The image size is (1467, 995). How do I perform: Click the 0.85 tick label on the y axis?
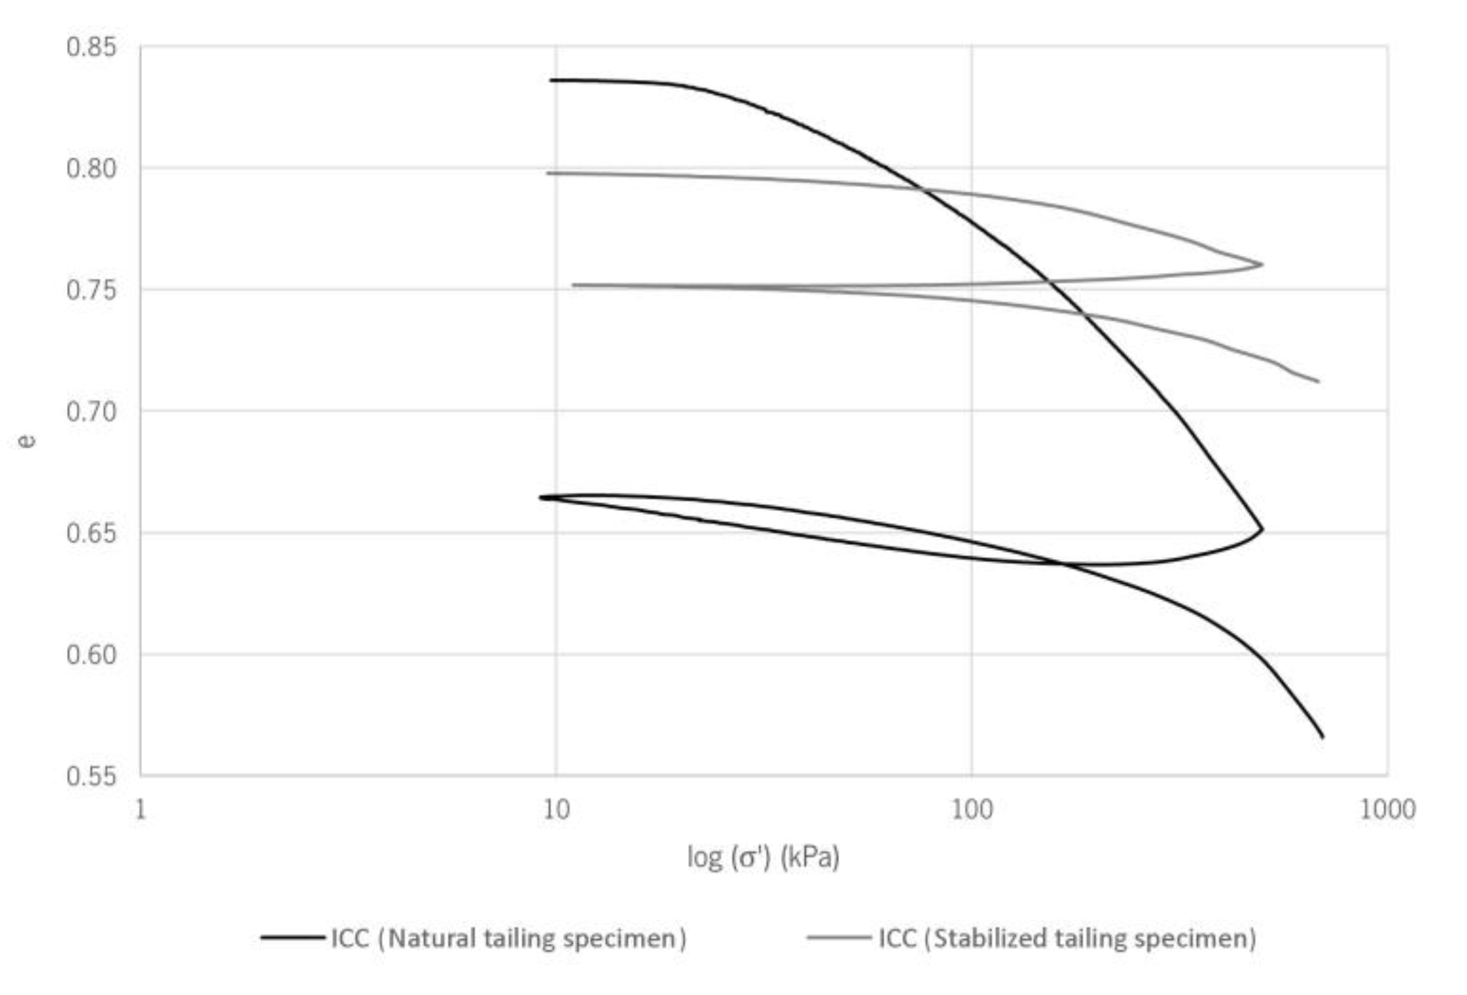pyautogui.click(x=92, y=47)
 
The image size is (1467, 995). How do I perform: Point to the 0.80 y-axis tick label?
pyautogui.click(x=92, y=168)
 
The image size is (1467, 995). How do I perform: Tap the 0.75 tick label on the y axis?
pyautogui.click(x=92, y=290)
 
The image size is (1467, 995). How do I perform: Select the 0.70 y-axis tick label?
pyautogui.click(x=92, y=412)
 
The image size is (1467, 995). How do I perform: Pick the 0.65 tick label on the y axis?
pyautogui.click(x=92, y=534)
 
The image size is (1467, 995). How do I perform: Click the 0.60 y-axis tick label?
pyautogui.click(x=92, y=655)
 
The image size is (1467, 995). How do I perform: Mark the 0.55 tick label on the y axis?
pyautogui.click(x=92, y=776)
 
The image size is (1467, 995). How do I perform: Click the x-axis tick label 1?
pyautogui.click(x=141, y=810)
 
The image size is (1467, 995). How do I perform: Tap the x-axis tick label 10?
pyautogui.click(x=556, y=810)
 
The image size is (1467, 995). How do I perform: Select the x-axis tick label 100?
pyautogui.click(x=971, y=810)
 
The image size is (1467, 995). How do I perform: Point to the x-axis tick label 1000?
pyautogui.click(x=1387, y=810)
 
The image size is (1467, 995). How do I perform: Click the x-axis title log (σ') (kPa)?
pyautogui.click(x=763, y=857)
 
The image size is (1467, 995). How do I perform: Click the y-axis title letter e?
pyautogui.click(x=27, y=440)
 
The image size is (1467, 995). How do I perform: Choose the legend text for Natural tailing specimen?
pyautogui.click(x=508, y=938)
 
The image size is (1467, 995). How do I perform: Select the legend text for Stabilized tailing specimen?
pyautogui.click(x=1067, y=938)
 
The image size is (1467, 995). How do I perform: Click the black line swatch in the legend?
pyautogui.click(x=293, y=938)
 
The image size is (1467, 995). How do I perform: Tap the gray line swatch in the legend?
pyautogui.click(x=838, y=938)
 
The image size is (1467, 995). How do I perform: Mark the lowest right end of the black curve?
pyautogui.click(x=1323, y=737)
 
